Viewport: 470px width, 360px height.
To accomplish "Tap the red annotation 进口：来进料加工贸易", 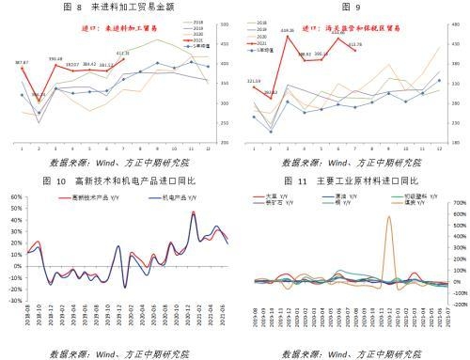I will pyautogui.click(x=99, y=30).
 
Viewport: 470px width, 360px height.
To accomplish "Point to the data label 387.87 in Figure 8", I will pyautogui.click(x=22, y=63).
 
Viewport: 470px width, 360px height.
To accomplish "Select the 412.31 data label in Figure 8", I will pyautogui.click(x=123, y=54).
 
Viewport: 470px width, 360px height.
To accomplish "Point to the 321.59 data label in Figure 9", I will pyautogui.click(x=254, y=82).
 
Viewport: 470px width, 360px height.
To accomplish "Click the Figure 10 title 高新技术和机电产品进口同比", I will pyautogui.click(x=126, y=180).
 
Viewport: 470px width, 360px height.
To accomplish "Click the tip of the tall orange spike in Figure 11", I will pyautogui.click(x=362, y=216).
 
